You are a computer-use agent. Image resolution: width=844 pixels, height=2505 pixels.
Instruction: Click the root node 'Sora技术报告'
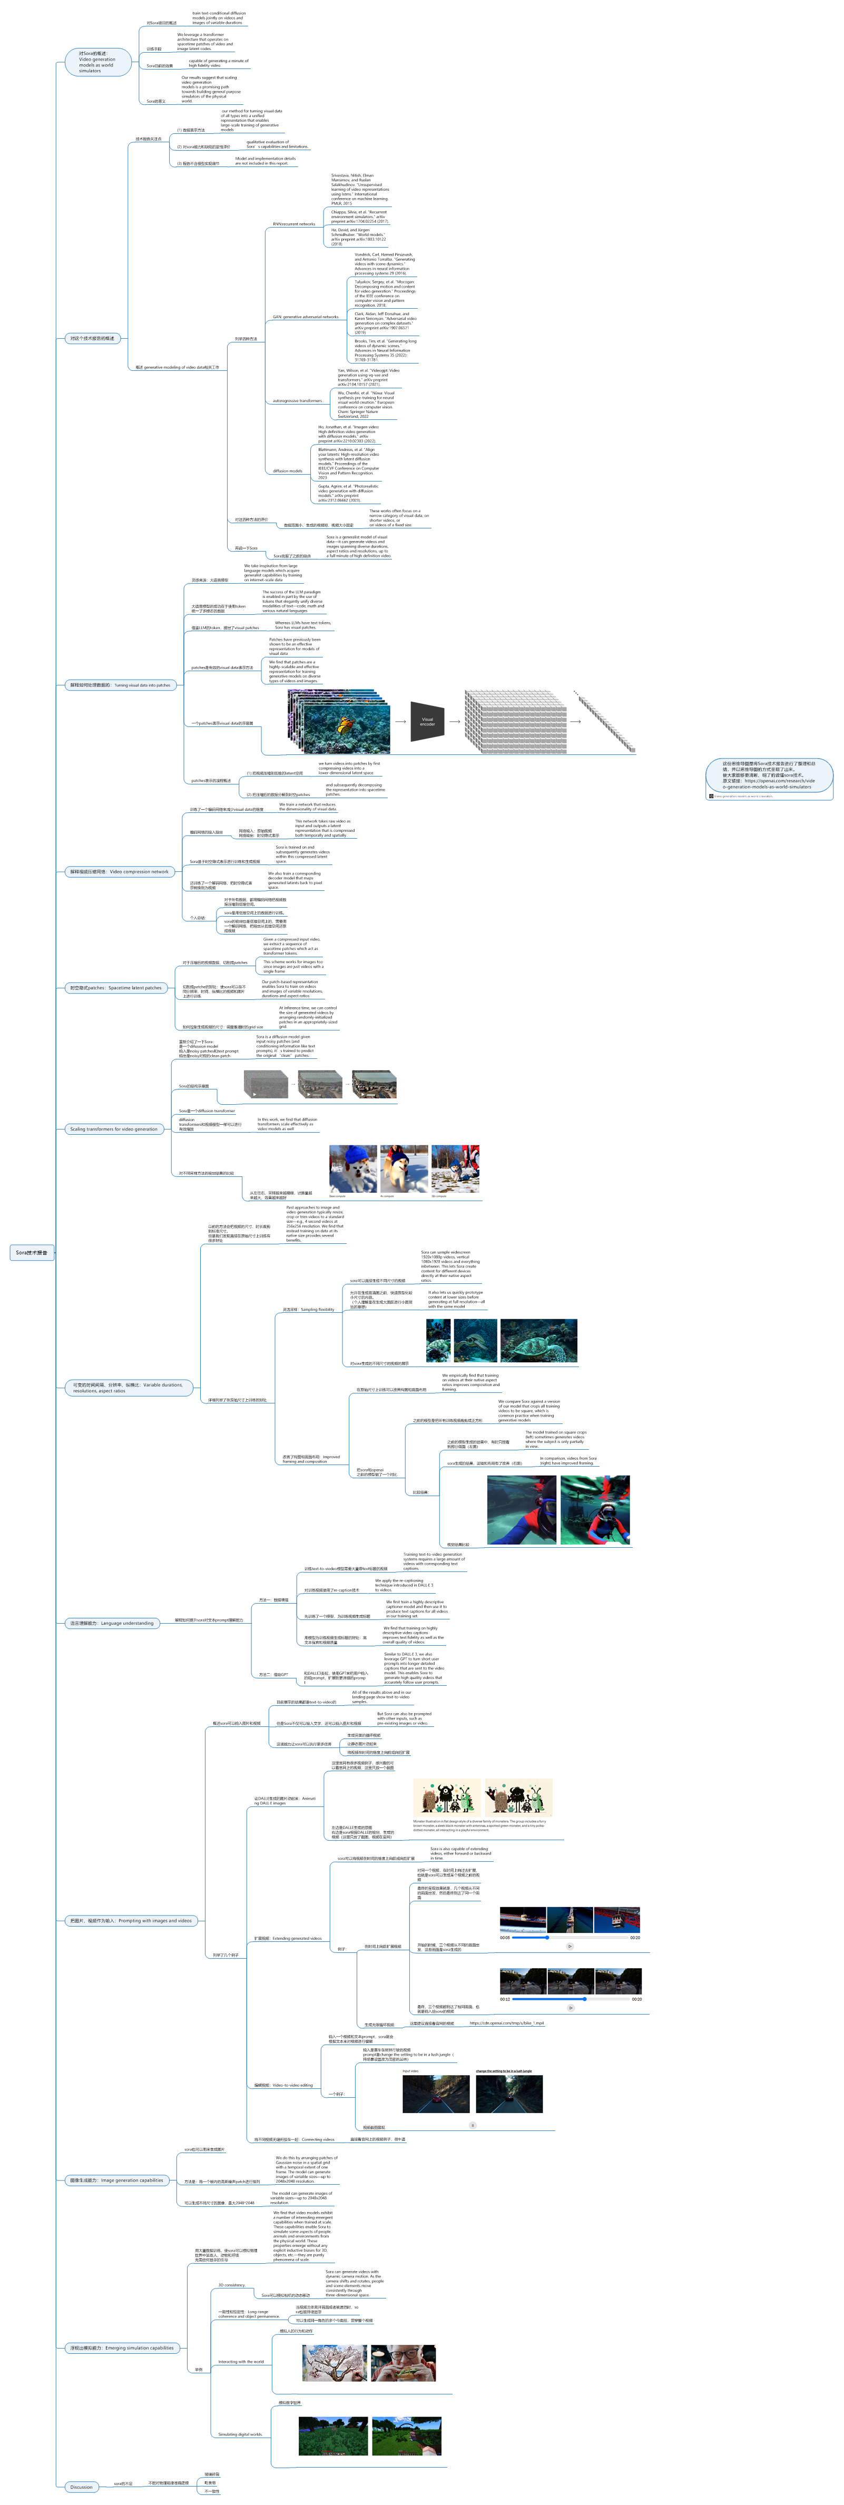coord(32,1253)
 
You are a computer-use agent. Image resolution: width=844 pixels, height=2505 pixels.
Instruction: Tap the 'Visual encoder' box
coord(427,722)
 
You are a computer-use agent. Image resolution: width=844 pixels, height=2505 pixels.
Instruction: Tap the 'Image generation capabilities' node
coord(116,2180)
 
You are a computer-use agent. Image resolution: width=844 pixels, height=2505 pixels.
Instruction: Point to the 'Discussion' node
coord(82,2487)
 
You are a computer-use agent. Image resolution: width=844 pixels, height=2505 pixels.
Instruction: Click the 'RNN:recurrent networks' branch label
coord(293,224)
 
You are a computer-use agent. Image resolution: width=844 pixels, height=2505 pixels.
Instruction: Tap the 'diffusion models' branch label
coord(288,470)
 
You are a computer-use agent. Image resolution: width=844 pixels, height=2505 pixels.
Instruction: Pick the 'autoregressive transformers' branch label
coord(297,401)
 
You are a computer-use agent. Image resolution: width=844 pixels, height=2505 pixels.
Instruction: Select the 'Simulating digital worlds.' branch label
coord(240,2434)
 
